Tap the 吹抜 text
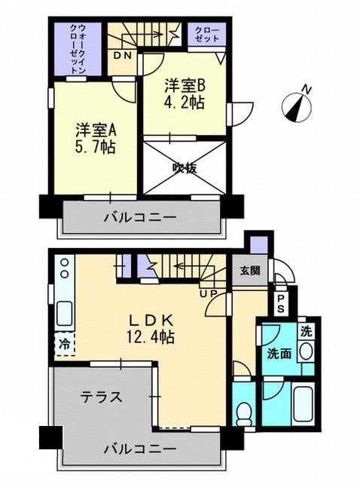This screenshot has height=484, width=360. pyautogui.click(x=185, y=168)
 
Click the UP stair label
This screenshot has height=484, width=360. pyautogui.click(x=207, y=292)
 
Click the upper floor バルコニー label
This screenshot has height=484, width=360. pyautogui.click(x=141, y=218)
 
